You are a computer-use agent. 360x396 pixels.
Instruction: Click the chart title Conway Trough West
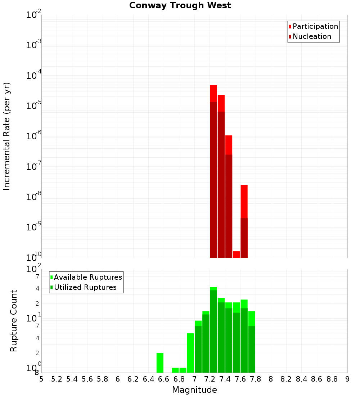(180, 5)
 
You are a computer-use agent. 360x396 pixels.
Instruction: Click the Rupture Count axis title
(14, 320)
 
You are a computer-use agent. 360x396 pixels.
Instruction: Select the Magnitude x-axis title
(194, 390)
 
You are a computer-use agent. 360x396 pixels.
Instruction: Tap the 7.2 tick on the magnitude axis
(210, 379)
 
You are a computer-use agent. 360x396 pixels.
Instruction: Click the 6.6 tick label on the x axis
(164, 379)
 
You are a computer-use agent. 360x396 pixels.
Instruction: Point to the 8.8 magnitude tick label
(332, 379)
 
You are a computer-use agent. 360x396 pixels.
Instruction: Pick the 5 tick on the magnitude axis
(41, 379)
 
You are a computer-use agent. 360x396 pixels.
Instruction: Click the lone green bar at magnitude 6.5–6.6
(160, 363)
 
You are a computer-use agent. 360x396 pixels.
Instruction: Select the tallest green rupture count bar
(213, 329)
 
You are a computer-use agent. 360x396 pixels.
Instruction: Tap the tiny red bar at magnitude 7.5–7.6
(237, 254)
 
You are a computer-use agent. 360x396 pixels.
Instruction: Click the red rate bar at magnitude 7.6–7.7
(244, 221)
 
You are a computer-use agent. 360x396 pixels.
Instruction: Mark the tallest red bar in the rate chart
(213, 171)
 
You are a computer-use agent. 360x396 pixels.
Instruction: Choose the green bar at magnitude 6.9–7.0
(191, 353)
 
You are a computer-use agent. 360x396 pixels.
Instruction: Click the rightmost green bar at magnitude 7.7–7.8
(252, 342)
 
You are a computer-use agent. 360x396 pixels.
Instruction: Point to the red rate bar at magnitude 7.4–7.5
(229, 196)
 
